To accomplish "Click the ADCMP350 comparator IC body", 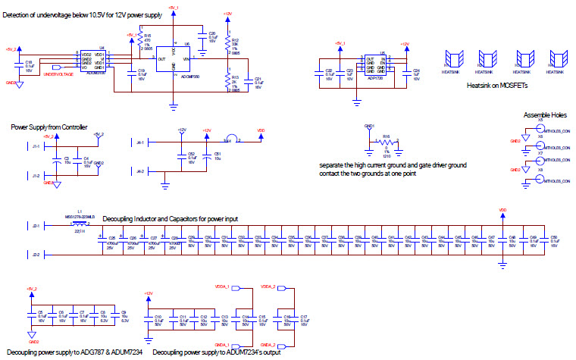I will tap(174, 59).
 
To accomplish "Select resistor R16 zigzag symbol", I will tap(386, 142).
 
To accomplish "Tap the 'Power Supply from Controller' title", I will tap(49, 127).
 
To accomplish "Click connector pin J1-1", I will tap(35, 146).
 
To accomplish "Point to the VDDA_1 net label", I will tap(223, 287).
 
